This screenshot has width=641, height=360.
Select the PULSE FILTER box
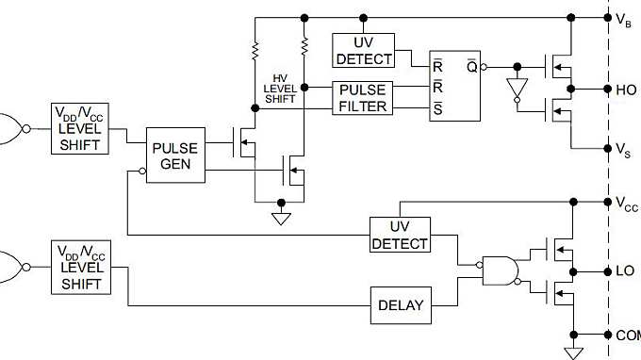364,99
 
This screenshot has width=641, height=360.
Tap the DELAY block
401,305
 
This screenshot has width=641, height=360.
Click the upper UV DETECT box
364,51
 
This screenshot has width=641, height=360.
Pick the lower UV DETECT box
400,235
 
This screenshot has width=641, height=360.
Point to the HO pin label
626,90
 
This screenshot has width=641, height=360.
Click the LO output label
625,270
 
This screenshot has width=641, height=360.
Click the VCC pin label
627,204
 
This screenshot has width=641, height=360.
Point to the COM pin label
627,335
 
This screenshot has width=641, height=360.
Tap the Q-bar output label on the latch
470,66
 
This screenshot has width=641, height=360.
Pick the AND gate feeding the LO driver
499,270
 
